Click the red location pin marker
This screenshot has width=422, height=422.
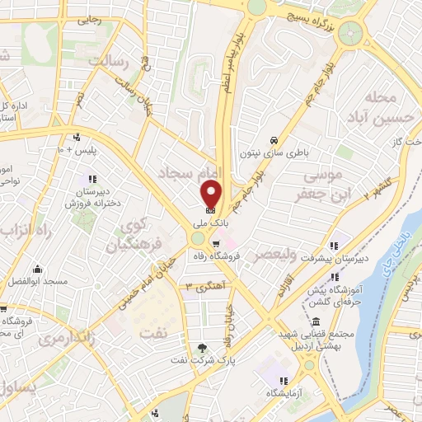211,195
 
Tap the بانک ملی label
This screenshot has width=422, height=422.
211,223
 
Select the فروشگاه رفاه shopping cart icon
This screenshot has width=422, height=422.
216,242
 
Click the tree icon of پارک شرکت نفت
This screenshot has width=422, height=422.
204,345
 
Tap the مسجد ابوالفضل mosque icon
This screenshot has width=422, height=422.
37,270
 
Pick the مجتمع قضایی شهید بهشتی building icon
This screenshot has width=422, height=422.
316,321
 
